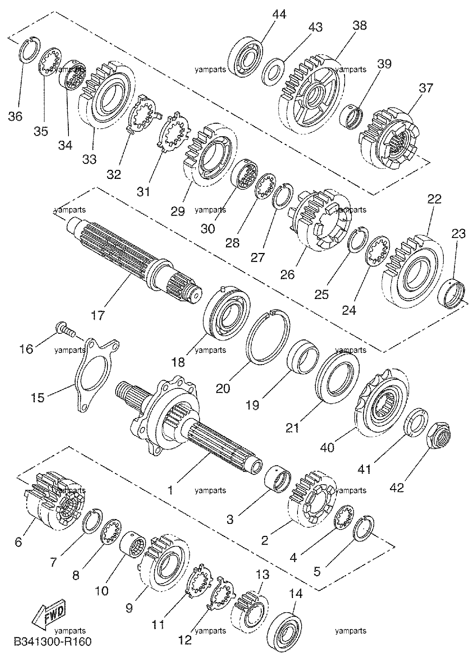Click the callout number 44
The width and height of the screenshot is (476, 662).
279,15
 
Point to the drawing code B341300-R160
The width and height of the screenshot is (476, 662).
53,641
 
